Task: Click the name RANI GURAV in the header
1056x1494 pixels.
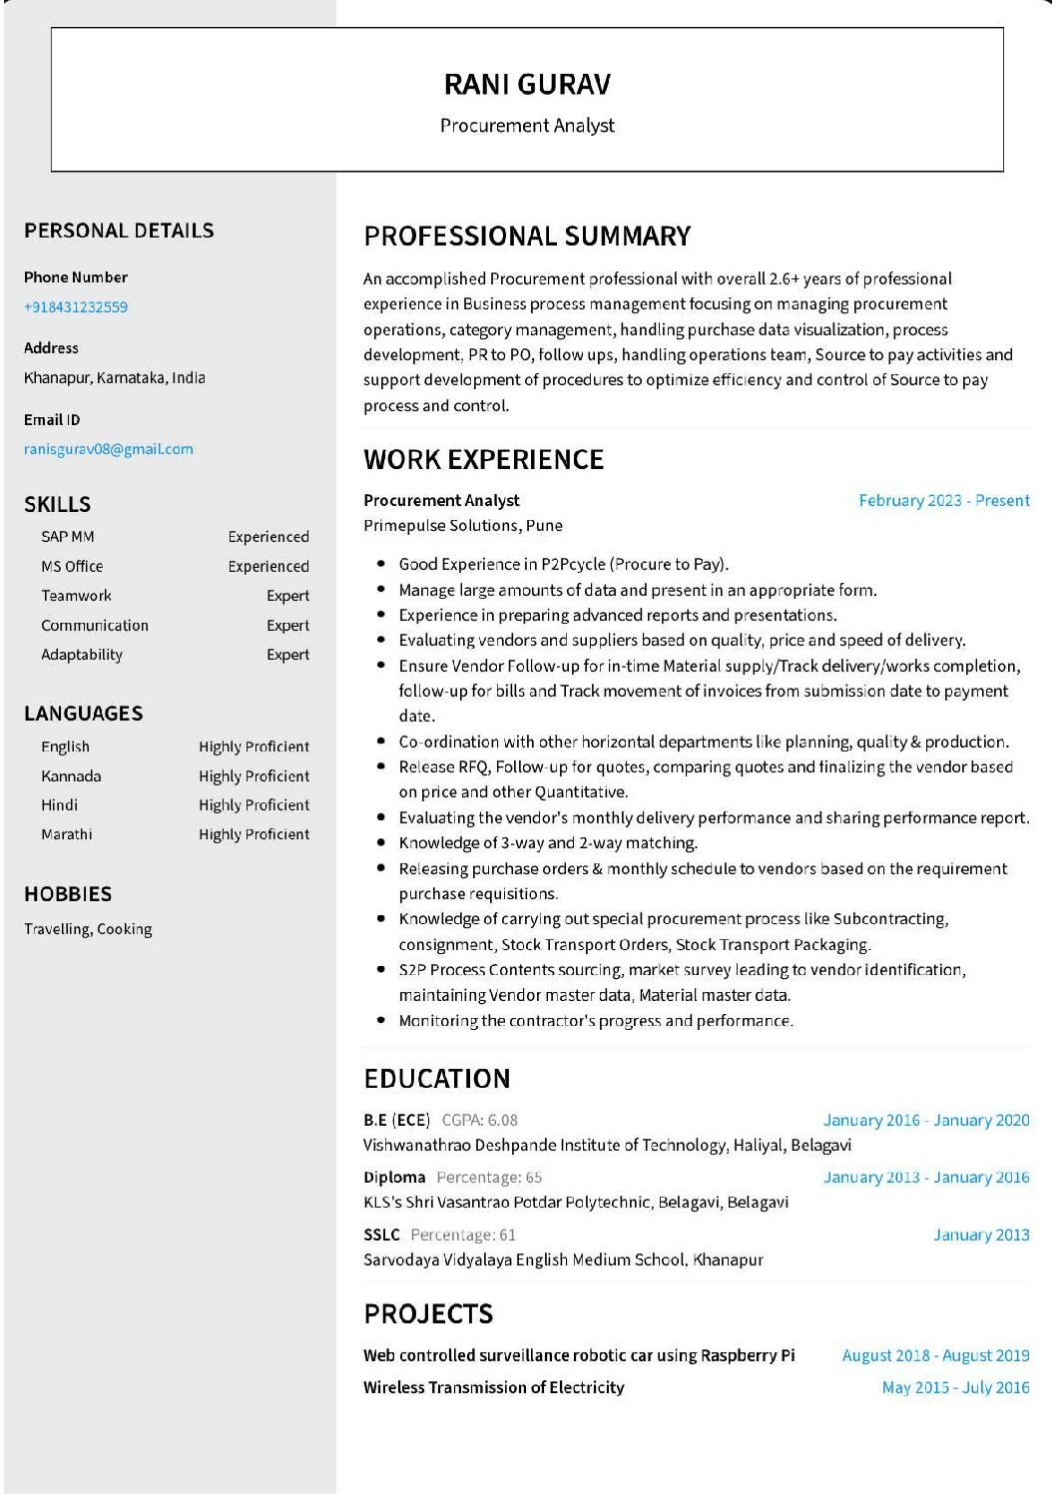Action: [527, 85]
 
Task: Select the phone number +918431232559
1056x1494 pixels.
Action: [76, 307]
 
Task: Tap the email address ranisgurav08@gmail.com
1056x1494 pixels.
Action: [109, 449]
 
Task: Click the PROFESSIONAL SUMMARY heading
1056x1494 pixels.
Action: [527, 237]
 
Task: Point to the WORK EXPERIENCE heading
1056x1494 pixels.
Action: [483, 460]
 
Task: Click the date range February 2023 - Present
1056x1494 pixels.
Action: [943, 501]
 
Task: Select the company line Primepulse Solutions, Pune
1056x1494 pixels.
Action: [463, 526]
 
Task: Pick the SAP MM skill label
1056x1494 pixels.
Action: [68, 537]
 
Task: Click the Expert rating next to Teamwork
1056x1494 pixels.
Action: [287, 596]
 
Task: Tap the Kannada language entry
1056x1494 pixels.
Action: [71, 776]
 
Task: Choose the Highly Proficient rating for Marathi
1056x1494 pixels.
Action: [254, 834]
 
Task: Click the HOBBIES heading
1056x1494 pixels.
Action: [68, 894]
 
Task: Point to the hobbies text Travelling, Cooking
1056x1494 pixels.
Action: [88, 929]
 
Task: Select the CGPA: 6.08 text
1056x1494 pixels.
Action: [480, 1120]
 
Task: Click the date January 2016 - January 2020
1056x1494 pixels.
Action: [925, 1120]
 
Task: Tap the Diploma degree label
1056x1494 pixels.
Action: [394, 1178]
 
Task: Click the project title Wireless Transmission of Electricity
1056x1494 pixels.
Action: [494, 1387]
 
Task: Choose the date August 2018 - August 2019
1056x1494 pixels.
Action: [935, 1355]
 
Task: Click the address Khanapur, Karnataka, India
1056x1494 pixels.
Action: [115, 378]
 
